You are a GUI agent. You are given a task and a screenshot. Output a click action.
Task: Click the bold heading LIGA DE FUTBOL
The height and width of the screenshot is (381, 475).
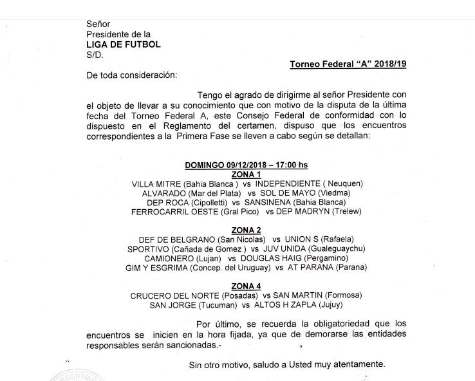[x=124, y=44]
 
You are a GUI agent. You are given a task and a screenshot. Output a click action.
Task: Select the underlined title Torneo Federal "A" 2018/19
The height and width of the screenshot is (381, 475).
[x=348, y=64]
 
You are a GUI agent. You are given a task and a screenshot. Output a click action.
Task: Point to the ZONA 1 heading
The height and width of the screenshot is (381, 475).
[x=246, y=174]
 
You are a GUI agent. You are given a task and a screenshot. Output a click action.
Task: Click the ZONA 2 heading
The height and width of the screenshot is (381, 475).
[x=246, y=230]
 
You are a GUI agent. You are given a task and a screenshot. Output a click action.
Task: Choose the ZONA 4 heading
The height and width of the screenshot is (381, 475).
[x=246, y=286]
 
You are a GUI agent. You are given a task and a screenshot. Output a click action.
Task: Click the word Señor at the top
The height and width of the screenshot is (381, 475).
[x=98, y=24]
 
